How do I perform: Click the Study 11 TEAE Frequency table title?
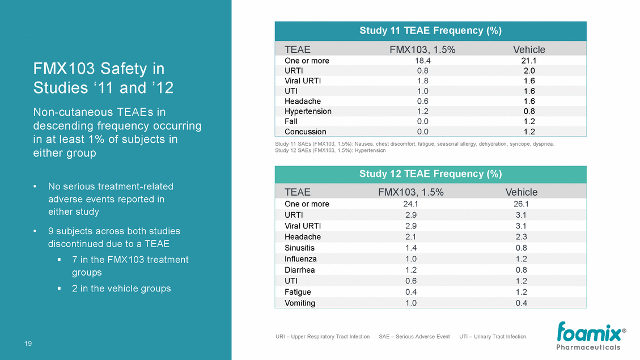pyautogui.click(x=430, y=31)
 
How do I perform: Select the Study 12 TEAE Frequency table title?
pyautogui.click(x=430, y=174)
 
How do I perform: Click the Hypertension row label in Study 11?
pyautogui.click(x=308, y=111)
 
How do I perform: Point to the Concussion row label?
pyautogui.click(x=305, y=132)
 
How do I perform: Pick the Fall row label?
pyautogui.click(x=291, y=121)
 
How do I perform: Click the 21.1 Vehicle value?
pyautogui.click(x=529, y=61)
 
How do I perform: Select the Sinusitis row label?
pyautogui.click(x=299, y=248)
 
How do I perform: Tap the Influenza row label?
pyautogui.click(x=300, y=259)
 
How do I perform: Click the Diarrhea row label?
pyautogui.click(x=299, y=270)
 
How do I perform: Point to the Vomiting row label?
pyautogui.click(x=300, y=303)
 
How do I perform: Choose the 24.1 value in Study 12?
pyautogui.click(x=410, y=204)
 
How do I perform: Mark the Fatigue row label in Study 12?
pyautogui.click(x=298, y=292)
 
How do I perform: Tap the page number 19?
pyautogui.click(x=28, y=343)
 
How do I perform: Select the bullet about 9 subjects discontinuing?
pyautogui.click(x=114, y=238)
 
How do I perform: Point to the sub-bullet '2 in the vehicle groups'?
pyautogui.click(x=121, y=289)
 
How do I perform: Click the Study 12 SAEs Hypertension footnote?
pyautogui.click(x=330, y=151)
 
